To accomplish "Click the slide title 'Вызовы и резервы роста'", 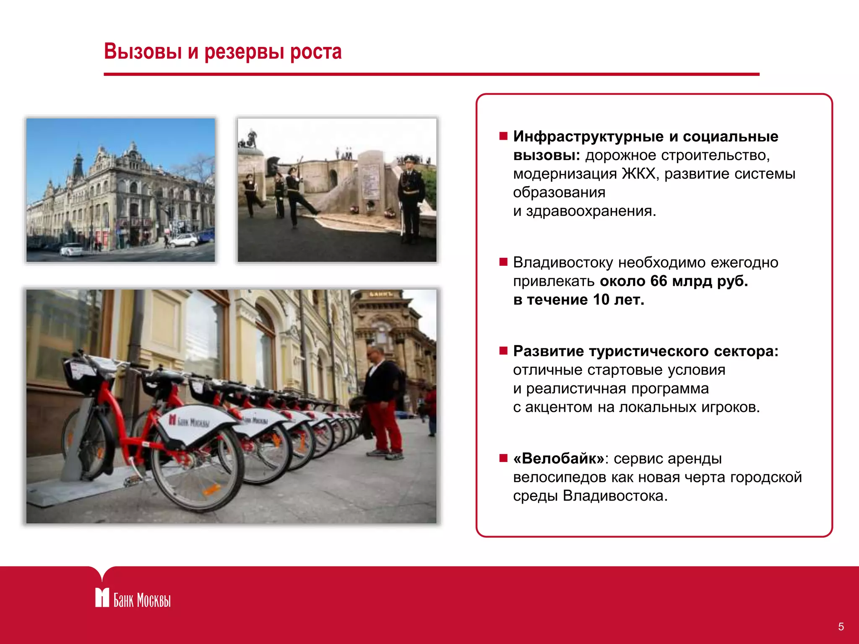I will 223,52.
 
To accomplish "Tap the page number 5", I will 841,627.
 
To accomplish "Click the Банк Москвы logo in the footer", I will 133,598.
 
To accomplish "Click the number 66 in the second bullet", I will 659,281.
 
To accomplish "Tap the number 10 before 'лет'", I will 601,300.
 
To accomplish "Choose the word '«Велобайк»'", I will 559,459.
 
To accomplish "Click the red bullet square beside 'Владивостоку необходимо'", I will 503,262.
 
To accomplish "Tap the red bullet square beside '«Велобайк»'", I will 503,458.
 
